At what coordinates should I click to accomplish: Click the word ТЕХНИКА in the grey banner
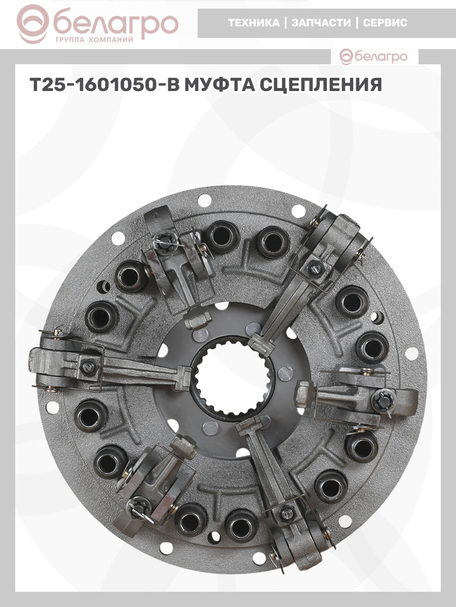tap(254, 23)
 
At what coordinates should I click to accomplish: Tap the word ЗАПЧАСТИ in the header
tap(321, 23)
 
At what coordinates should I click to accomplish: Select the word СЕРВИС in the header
tap(385, 23)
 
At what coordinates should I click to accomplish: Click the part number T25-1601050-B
tap(104, 84)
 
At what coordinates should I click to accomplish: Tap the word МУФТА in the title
tap(219, 84)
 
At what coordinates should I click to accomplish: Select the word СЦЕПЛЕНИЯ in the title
tap(320, 84)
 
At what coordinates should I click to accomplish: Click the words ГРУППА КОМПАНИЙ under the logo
tap(94, 40)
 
